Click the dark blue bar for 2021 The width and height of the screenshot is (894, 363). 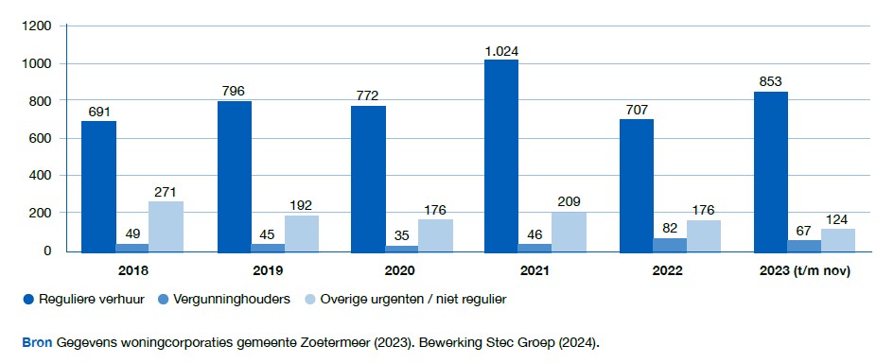tap(501, 156)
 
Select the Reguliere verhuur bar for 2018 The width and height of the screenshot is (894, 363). tap(98, 186)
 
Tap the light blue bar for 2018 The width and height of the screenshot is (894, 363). tap(167, 227)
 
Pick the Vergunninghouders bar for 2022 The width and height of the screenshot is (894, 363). tap(670, 245)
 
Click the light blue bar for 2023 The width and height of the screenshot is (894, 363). tap(837, 240)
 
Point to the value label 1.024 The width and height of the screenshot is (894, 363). tap(501, 50)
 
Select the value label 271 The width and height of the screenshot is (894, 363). tap(167, 191)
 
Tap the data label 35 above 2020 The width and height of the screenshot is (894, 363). tap(401, 234)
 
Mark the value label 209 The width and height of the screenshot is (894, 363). tap(569, 201)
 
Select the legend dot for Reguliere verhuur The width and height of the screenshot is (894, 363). tap(27, 300)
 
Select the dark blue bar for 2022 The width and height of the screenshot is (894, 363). tap(636, 186)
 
